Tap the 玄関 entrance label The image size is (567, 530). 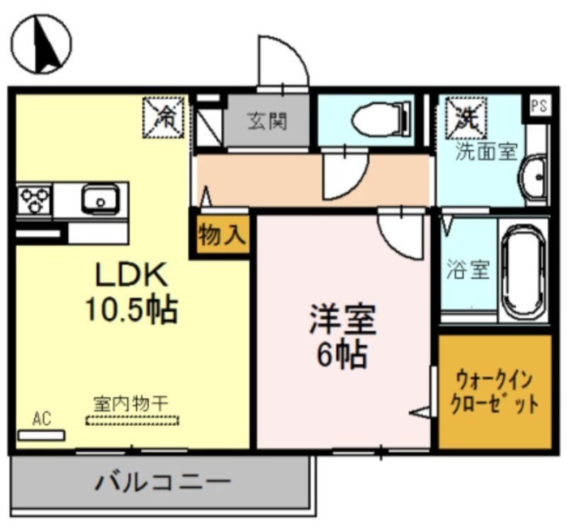[267, 122]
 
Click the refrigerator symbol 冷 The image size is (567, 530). [164, 115]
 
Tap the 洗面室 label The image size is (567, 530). [485, 151]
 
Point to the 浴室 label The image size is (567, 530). [468, 270]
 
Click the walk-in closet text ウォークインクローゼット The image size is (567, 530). [495, 393]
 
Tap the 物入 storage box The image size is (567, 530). [220, 235]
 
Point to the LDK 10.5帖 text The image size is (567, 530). [130, 291]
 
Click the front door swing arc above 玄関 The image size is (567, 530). [283, 60]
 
